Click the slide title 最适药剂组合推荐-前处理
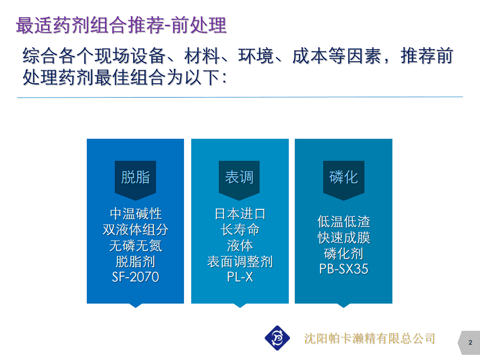point(121,25)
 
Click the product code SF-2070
point(135,277)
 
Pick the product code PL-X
point(240,277)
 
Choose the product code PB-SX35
point(344,269)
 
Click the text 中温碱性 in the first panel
point(136,214)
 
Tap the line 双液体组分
point(135,230)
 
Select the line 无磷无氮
point(136,245)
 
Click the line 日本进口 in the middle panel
point(240,214)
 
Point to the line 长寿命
point(240,230)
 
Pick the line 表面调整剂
point(240,261)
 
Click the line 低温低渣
point(344,222)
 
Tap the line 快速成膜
point(344,237)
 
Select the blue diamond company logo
point(277,338)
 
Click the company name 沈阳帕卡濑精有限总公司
point(369,339)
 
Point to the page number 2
point(470,343)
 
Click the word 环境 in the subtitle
point(256,56)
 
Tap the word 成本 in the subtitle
point(310,56)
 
